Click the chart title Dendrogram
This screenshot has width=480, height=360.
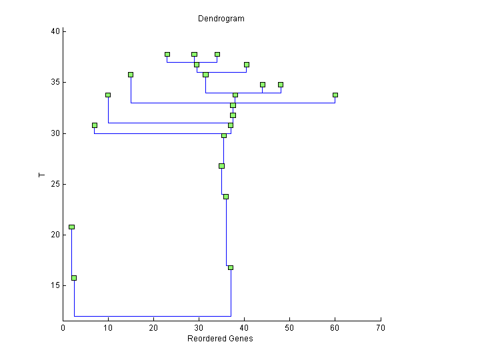(x=221, y=19)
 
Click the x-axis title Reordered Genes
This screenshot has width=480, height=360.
(x=220, y=339)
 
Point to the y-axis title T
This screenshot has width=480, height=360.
(x=42, y=175)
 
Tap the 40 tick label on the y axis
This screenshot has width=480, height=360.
(x=55, y=31)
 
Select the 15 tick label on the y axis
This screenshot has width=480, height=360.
(x=55, y=285)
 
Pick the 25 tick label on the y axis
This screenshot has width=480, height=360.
(x=55, y=184)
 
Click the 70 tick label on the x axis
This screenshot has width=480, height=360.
(x=381, y=327)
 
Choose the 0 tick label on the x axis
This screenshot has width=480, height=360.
(x=63, y=327)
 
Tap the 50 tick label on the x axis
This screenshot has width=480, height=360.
(x=290, y=327)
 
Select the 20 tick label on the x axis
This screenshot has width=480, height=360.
(x=154, y=327)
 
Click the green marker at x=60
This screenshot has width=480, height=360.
(x=335, y=95)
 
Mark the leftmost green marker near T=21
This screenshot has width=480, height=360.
(x=71, y=227)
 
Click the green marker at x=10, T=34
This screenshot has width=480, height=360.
(x=108, y=95)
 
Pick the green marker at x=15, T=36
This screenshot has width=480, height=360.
(x=131, y=75)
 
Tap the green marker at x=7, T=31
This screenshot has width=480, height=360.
(x=95, y=125)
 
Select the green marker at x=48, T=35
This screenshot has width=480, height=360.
(x=281, y=85)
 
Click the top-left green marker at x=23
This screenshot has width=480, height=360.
(x=167, y=55)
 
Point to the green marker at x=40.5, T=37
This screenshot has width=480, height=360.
(x=247, y=65)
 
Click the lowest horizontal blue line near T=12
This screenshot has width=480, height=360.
(x=153, y=316)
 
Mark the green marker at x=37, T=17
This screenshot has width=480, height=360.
(x=231, y=267)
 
